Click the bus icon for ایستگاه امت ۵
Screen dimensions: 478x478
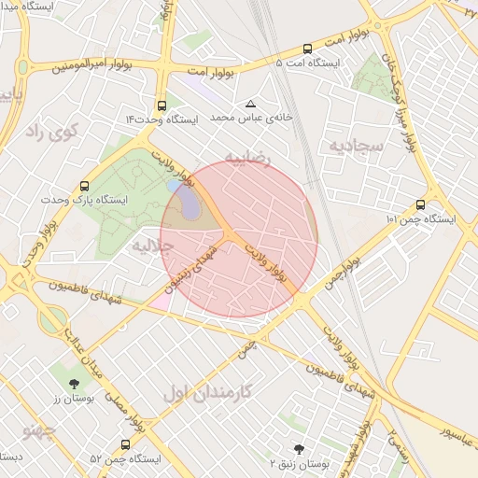(307, 49)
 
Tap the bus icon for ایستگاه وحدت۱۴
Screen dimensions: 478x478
(162, 105)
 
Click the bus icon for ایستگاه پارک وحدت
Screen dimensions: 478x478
(85, 186)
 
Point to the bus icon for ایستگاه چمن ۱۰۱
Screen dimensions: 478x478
(419, 205)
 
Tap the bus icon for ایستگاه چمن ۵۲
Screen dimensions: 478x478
(125, 444)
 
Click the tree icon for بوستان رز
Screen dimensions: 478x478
(73, 383)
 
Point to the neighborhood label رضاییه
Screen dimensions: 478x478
(246, 157)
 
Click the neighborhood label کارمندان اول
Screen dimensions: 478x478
(206, 392)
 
